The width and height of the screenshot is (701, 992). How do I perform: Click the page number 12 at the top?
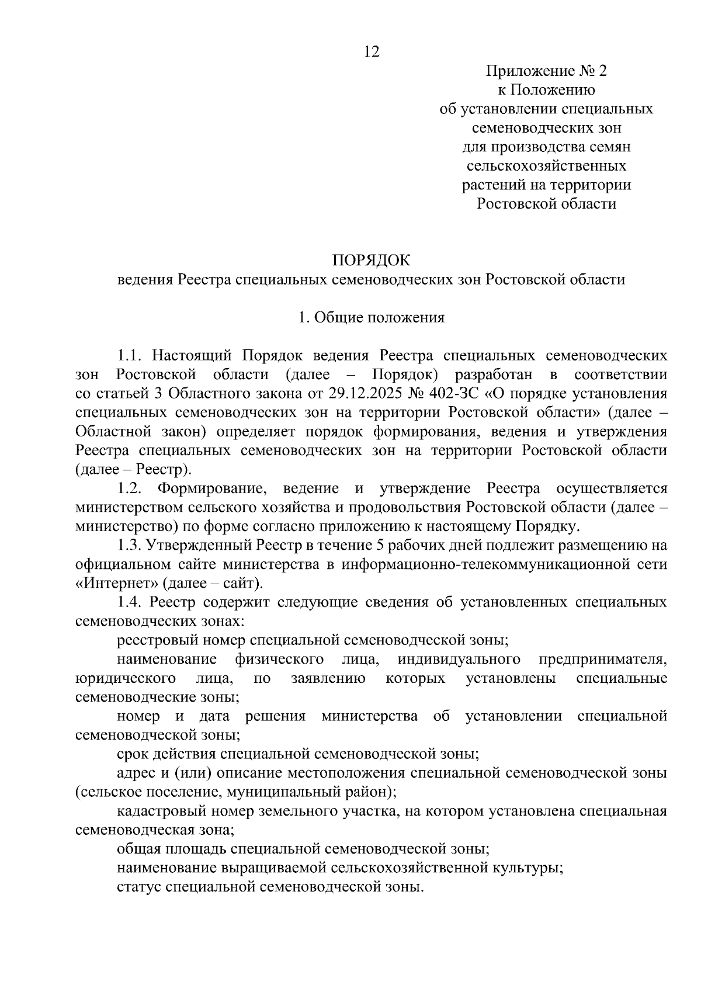click(372, 52)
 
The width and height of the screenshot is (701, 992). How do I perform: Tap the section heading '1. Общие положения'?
click(372, 317)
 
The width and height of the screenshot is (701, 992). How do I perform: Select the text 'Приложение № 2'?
click(546, 71)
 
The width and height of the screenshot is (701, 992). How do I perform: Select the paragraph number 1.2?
click(130, 488)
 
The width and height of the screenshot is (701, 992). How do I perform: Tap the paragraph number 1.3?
click(130, 546)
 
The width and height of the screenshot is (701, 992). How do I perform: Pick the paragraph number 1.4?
click(130, 602)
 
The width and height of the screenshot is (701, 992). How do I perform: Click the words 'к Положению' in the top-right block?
click(546, 90)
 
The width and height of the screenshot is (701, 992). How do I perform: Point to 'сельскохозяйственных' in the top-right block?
click(546, 166)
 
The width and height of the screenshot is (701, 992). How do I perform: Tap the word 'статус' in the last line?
click(139, 887)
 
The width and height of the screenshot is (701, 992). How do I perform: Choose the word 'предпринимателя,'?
click(602, 660)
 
